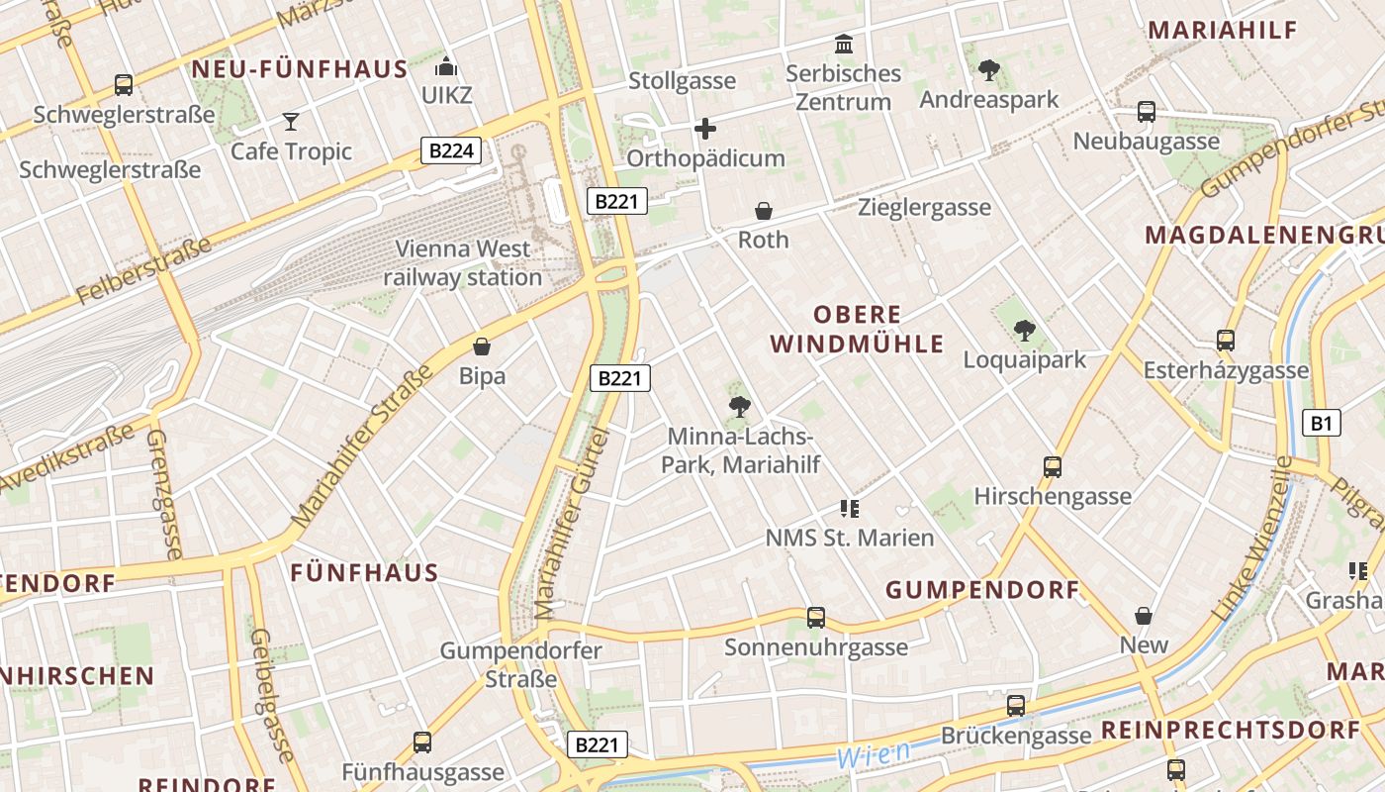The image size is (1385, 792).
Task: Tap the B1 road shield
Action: point(1322,424)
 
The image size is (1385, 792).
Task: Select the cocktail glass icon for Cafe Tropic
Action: point(291,122)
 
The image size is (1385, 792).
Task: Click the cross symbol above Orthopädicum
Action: point(705,129)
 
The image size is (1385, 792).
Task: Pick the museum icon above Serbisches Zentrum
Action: point(844,45)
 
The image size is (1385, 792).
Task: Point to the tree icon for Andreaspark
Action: point(988,70)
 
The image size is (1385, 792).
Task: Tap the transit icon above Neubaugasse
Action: point(1147,112)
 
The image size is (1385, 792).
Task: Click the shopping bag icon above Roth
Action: point(764,211)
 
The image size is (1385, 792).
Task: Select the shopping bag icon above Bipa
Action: point(482,346)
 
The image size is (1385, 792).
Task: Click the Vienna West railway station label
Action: point(463,263)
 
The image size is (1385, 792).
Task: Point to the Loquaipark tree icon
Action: point(1025,331)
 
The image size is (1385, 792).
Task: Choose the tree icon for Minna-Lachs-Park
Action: point(739,406)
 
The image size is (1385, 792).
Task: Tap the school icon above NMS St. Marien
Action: point(849,509)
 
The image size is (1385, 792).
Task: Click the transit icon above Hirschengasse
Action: point(1053,467)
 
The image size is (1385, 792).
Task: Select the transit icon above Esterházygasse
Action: point(1226,342)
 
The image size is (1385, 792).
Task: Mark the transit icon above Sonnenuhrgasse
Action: point(816,618)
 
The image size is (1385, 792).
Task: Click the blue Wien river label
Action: point(873,754)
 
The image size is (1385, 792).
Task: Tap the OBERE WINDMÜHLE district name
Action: point(858,330)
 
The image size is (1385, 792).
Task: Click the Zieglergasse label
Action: point(924,208)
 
